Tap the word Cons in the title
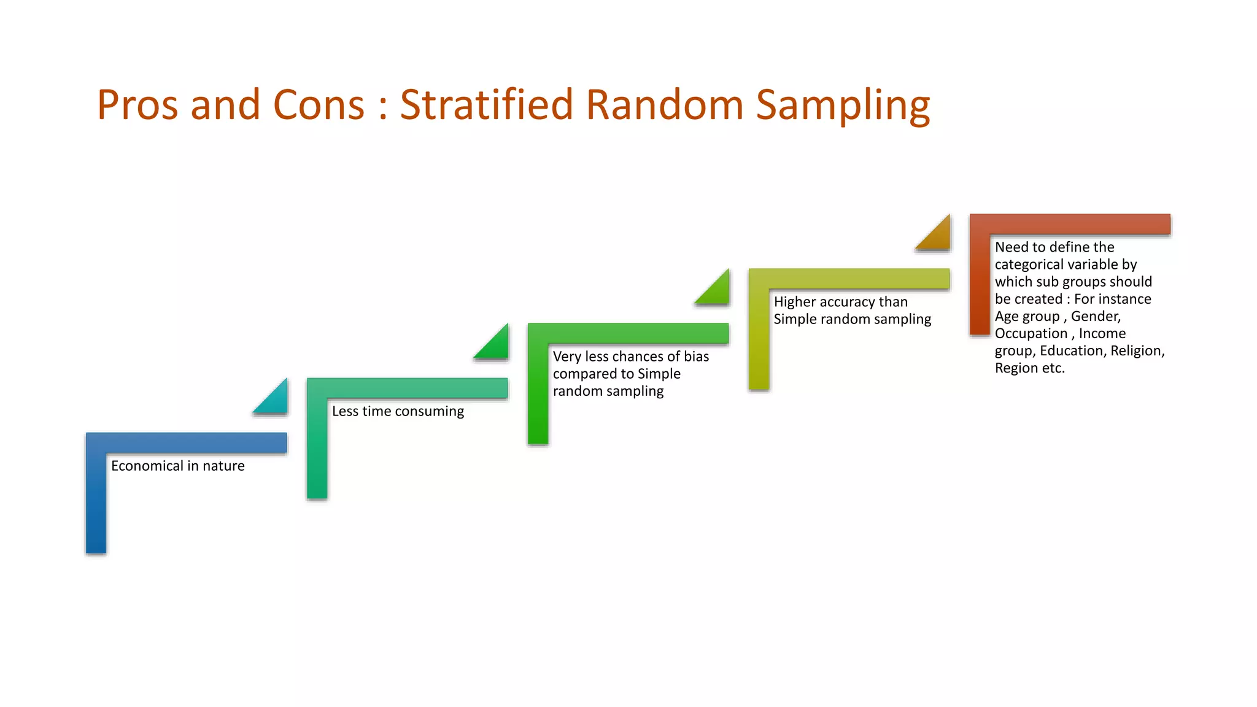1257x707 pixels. (319, 104)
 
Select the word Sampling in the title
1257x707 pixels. (843, 106)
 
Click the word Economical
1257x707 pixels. (147, 466)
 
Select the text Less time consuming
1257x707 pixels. (398, 411)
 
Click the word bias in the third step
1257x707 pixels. (696, 357)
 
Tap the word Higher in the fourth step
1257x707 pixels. (794, 302)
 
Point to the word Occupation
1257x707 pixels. (1031, 334)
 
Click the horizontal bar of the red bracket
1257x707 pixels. (1070, 224)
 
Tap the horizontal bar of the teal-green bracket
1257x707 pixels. (408, 388)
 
